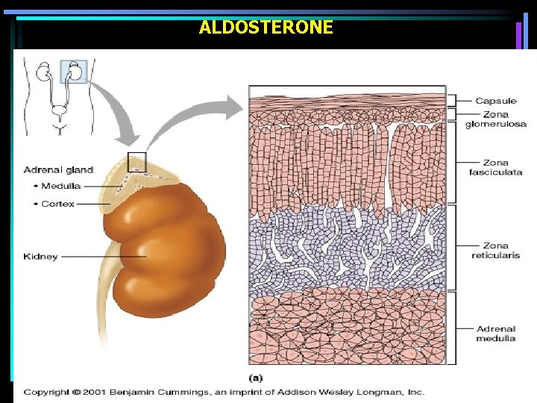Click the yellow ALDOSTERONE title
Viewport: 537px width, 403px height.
[x=266, y=28]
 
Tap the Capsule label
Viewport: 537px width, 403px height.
[x=495, y=101]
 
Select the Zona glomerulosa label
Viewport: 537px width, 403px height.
[x=495, y=119]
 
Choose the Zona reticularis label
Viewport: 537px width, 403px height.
[x=495, y=250]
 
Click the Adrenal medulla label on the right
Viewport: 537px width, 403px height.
[x=495, y=333]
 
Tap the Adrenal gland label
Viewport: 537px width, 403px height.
[x=58, y=170]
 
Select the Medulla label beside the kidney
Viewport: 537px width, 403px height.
[x=61, y=187]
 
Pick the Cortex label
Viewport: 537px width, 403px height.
[x=58, y=203]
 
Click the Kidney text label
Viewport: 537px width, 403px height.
[x=40, y=257]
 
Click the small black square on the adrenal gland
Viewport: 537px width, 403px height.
[x=137, y=162]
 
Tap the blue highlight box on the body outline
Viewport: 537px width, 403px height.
[x=75, y=71]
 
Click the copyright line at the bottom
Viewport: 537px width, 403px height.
[x=224, y=391]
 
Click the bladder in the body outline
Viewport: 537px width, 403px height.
[x=59, y=114]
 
